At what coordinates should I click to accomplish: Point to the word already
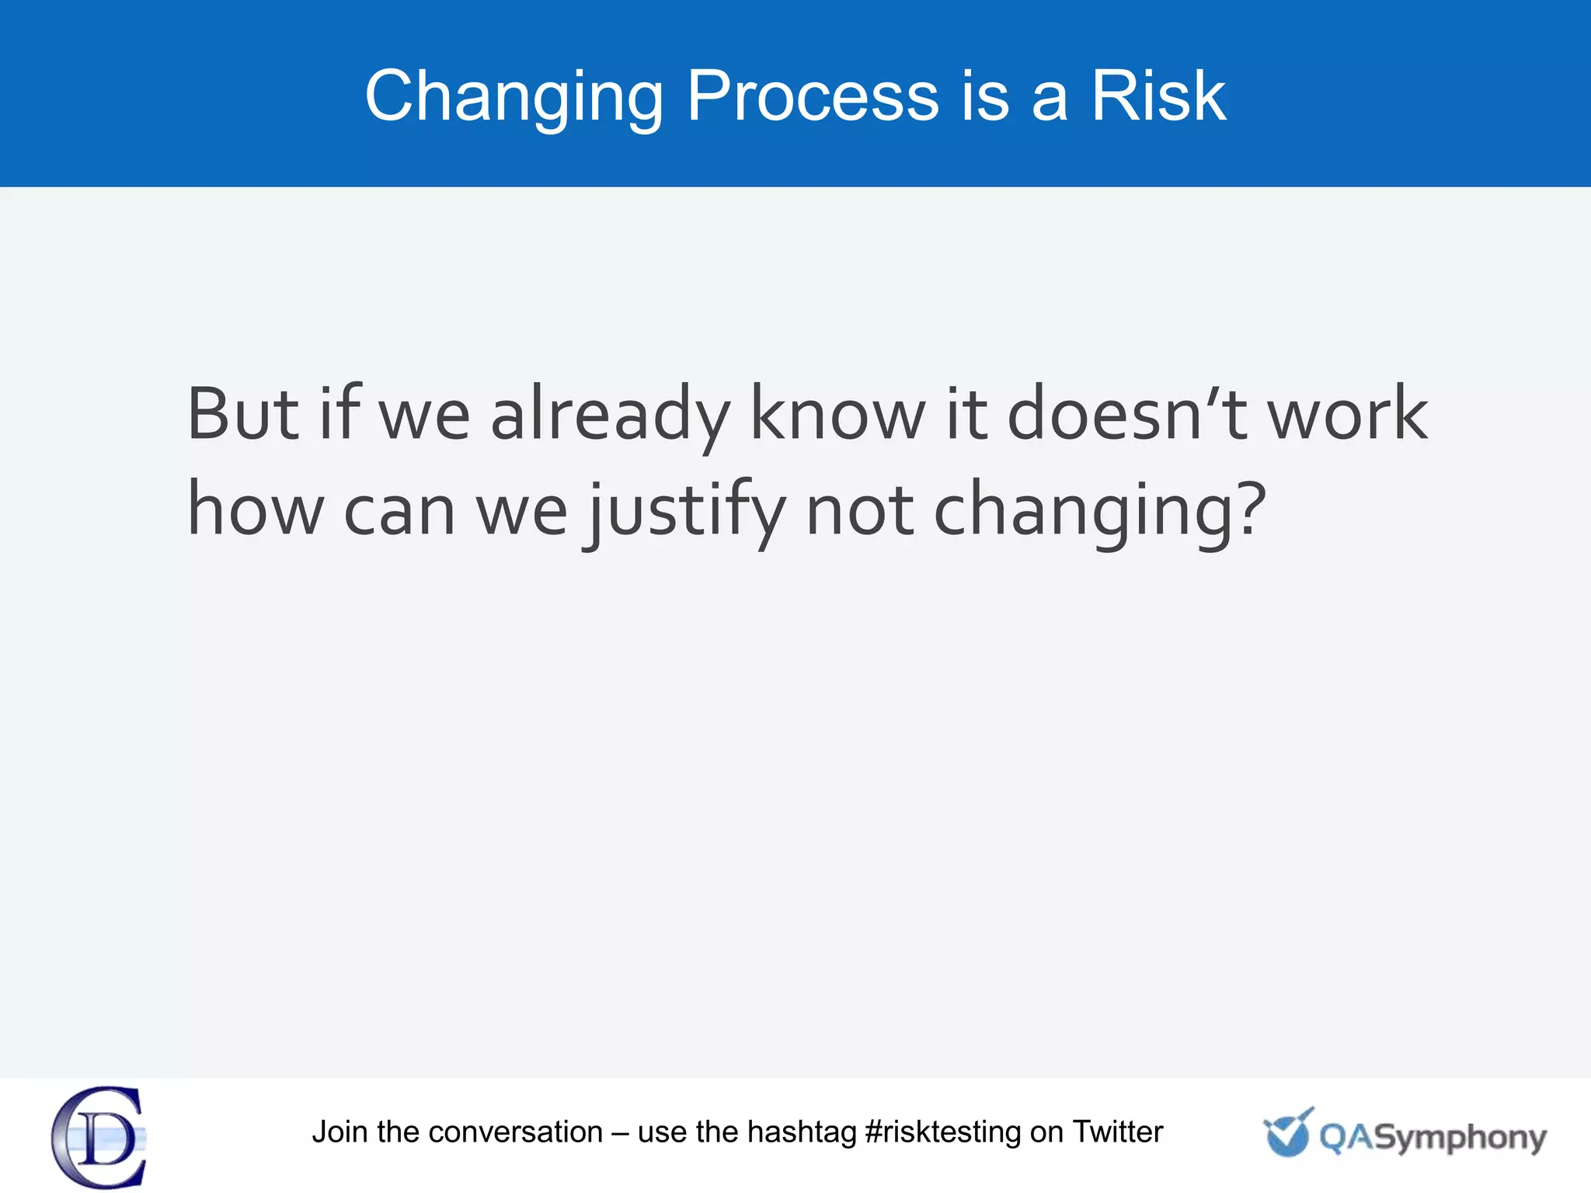coord(610,416)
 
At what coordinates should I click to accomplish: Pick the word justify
coord(685,511)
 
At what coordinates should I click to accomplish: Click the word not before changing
coord(859,511)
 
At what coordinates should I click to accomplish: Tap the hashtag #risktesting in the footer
coord(942,1132)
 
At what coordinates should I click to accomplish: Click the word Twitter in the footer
coord(1117,1132)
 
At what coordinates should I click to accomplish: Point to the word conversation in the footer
coord(515,1132)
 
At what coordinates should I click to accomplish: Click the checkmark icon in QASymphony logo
coord(1287,1132)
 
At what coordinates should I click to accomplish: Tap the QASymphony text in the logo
coord(1432,1138)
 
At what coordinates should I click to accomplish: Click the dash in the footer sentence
coord(620,1133)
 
